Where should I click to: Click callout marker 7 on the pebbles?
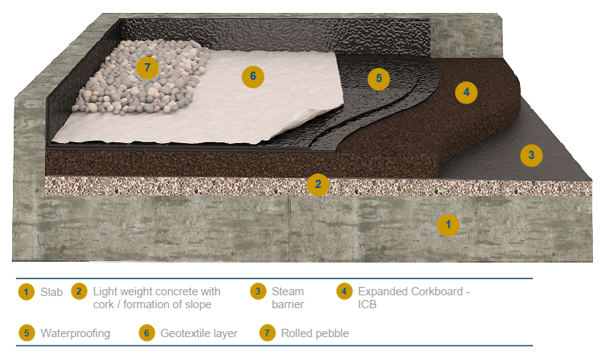point(147,67)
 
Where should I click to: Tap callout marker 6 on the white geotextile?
point(253,76)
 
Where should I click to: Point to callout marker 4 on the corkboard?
point(466,93)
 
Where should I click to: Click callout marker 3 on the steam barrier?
point(531,155)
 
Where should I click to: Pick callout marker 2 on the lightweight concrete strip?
point(317,184)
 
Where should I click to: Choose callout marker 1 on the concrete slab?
point(448,224)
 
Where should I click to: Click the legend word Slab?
point(52,292)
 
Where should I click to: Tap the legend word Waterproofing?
point(75,333)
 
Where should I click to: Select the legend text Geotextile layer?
point(199,333)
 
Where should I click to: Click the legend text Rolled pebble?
point(314,333)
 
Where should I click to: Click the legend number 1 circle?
point(27,292)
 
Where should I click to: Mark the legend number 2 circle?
point(78,292)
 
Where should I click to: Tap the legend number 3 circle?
point(258,292)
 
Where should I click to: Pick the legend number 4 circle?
point(344,292)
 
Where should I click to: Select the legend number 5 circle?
point(27,333)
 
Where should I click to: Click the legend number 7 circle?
point(267,333)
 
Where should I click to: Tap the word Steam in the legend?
point(288,292)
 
